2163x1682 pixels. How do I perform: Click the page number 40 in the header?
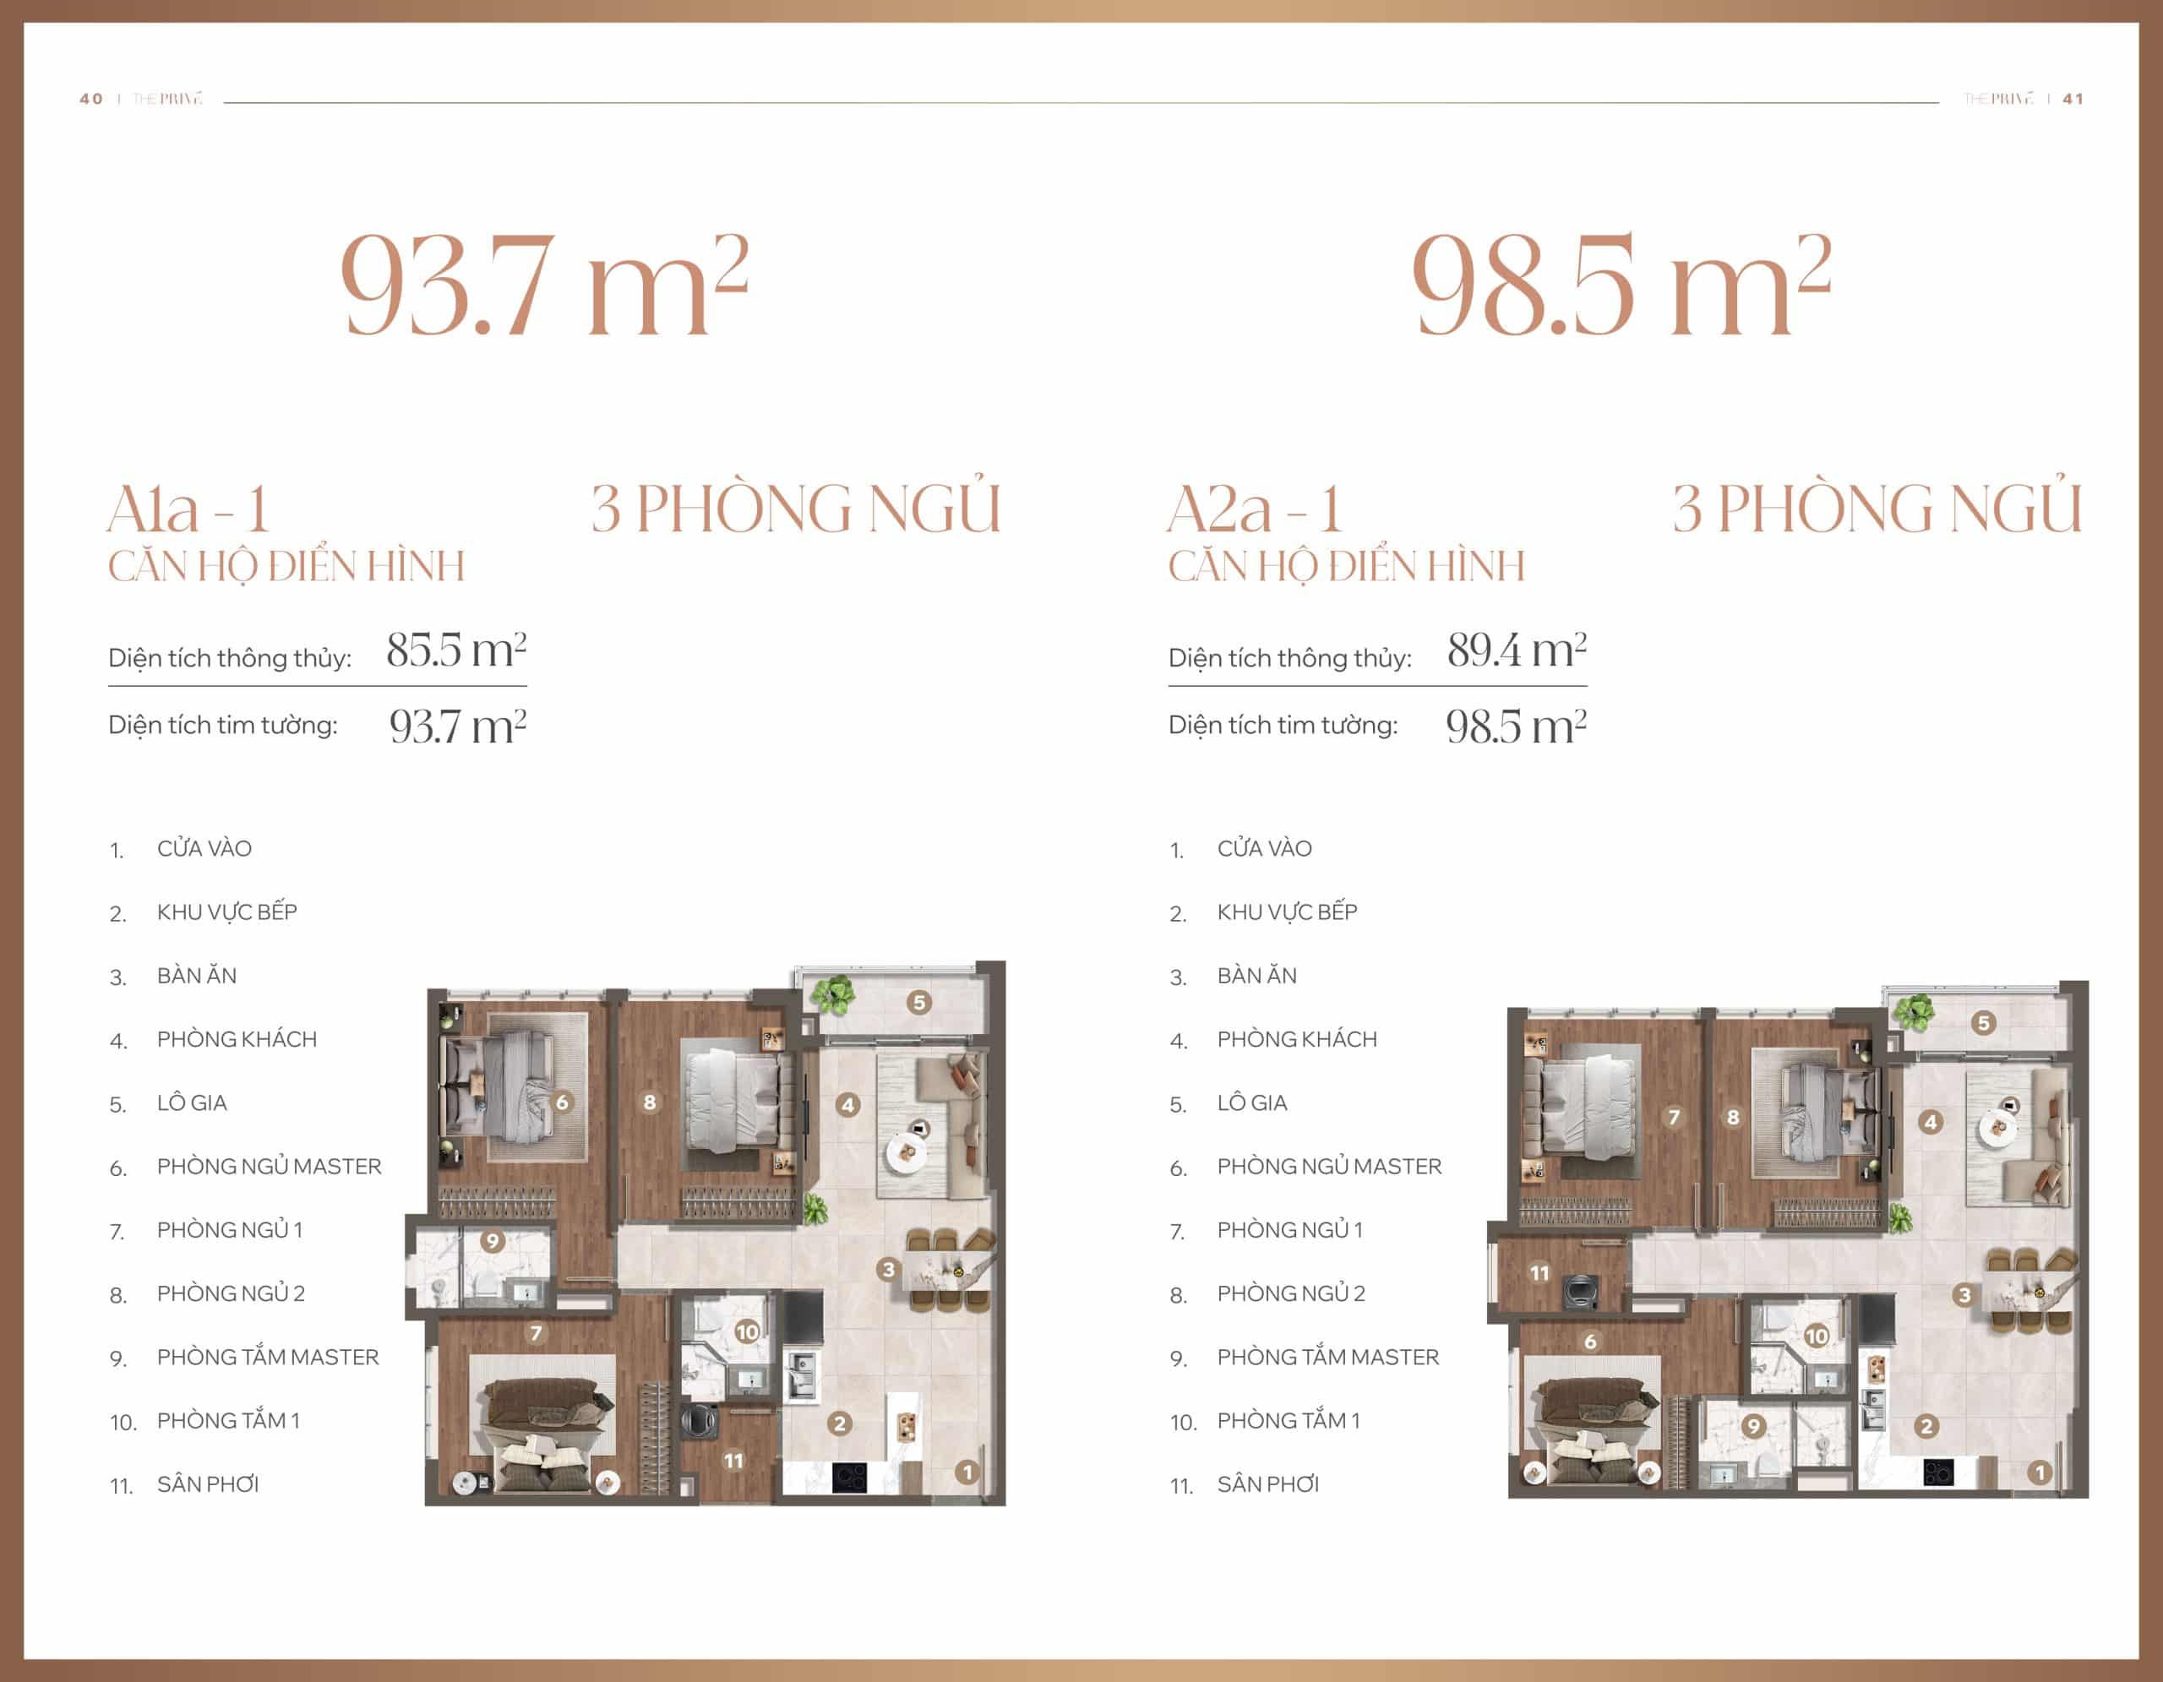coord(91,99)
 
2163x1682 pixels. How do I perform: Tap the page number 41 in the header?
coord(2073,99)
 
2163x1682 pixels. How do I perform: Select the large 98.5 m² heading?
coord(1622,286)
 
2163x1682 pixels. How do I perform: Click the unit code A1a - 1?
coord(188,510)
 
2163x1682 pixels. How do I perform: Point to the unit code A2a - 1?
coord(1255,510)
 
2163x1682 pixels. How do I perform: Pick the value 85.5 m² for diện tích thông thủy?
coord(456,650)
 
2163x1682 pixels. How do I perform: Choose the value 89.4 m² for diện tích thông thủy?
coord(1517,650)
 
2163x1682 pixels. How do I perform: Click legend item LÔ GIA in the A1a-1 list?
coord(192,1102)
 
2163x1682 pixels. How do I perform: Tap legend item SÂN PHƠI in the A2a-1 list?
coord(1267,1484)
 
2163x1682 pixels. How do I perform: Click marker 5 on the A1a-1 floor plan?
coord(919,1003)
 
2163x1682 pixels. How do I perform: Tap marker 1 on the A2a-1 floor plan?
coord(2039,1472)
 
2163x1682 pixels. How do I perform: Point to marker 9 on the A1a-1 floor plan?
coord(493,1240)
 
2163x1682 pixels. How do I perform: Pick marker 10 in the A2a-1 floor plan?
coord(1817,1336)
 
